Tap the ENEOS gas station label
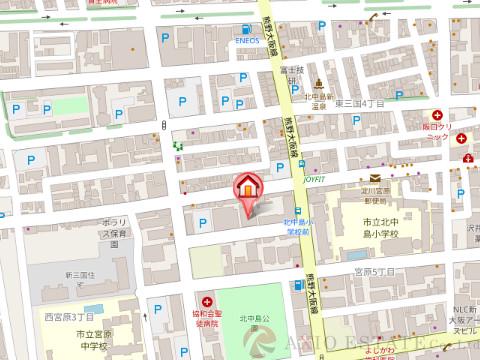(x=248, y=42)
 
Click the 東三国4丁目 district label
(x=360, y=103)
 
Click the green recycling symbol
(x=178, y=146)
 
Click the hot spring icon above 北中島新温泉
(x=317, y=82)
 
